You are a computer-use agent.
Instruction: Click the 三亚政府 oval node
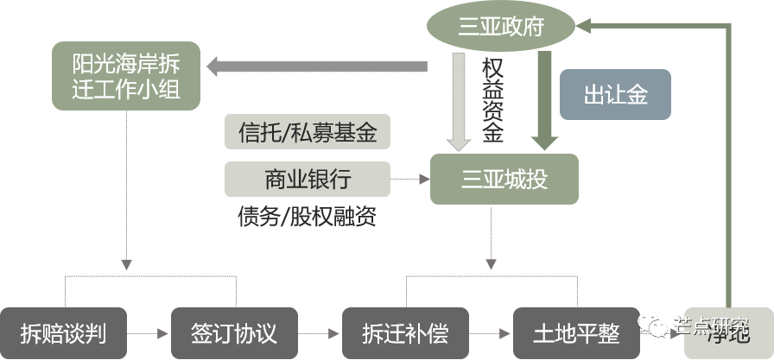pyautogui.click(x=500, y=26)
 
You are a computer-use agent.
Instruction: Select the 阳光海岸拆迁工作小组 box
pyautogui.click(x=126, y=76)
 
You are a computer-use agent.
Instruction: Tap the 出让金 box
pyautogui.click(x=615, y=94)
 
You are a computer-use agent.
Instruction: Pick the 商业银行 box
pyautogui.click(x=307, y=180)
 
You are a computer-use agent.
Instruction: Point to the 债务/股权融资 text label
pyautogui.click(x=307, y=216)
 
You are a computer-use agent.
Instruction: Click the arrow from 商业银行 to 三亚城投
pyautogui.click(x=410, y=180)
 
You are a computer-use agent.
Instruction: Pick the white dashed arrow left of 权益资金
pyautogui.click(x=458, y=99)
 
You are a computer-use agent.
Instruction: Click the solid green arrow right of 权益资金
pyautogui.click(x=546, y=99)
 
